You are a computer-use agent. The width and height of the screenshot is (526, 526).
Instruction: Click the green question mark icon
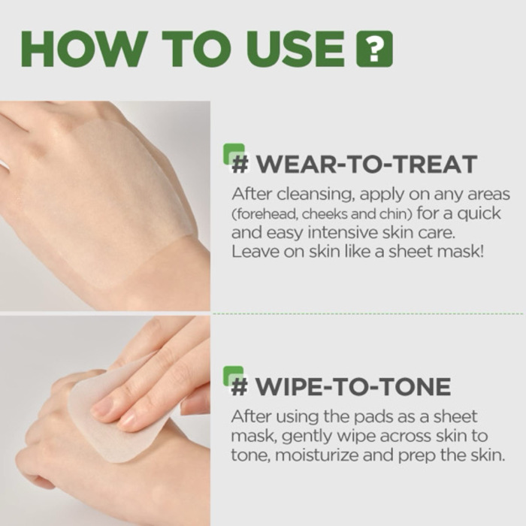374,49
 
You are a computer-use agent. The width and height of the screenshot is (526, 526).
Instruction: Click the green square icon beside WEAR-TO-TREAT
235,154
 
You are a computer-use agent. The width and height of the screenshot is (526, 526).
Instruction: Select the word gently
301,436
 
